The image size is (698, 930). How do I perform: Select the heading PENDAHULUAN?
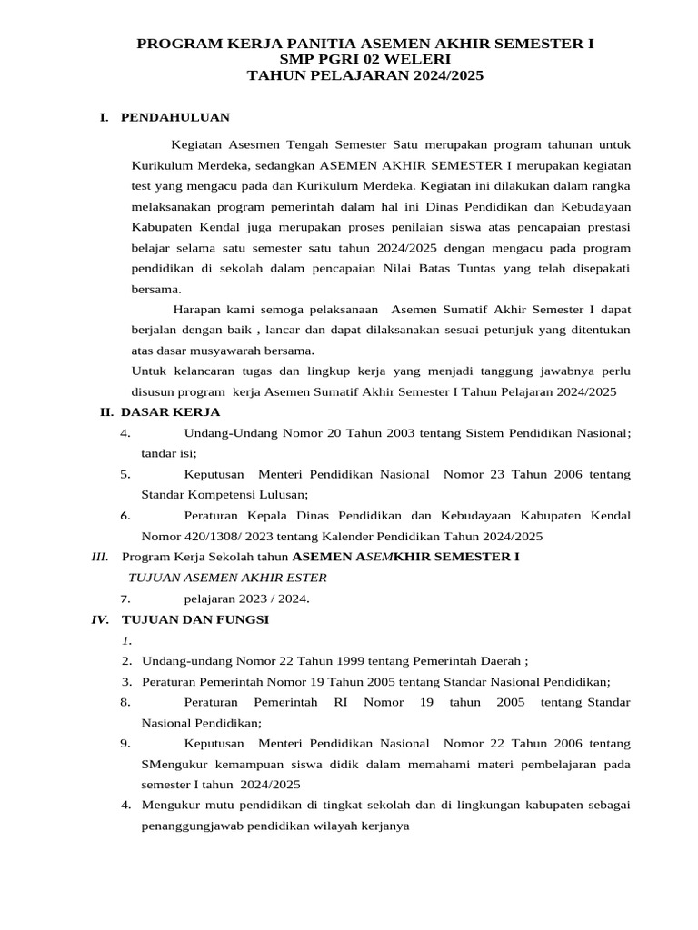(x=175, y=117)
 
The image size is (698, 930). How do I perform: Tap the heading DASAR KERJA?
(x=170, y=411)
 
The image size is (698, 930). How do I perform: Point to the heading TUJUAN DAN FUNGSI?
(x=194, y=619)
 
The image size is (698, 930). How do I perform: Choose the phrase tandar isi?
(x=168, y=453)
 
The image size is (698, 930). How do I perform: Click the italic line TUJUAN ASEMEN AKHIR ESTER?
(x=228, y=578)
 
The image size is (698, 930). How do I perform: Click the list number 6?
(x=125, y=515)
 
